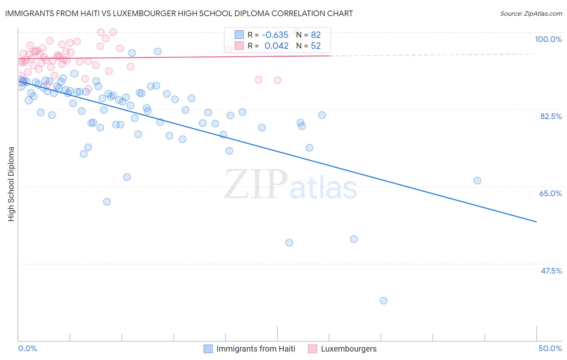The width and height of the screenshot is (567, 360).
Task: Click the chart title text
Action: [x=179, y=13]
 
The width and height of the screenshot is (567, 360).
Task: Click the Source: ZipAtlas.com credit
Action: [x=531, y=13]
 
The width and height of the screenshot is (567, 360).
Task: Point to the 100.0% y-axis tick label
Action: [x=548, y=39]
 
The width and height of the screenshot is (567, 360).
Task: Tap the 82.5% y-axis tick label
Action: [x=551, y=116]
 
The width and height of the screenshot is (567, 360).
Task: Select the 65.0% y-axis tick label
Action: [x=550, y=193]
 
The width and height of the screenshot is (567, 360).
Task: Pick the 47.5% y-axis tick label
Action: [x=551, y=271]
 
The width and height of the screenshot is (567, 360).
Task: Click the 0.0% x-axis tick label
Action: [x=27, y=348]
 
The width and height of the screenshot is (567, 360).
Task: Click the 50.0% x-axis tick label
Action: [x=550, y=348]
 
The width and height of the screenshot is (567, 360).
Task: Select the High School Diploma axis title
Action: [x=11, y=184]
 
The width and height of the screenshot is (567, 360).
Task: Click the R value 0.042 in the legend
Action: [x=276, y=46]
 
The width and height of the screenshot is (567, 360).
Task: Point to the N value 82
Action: [x=315, y=35]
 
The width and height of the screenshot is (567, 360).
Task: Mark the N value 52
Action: [x=315, y=46]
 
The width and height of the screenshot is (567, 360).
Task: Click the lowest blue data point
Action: [x=384, y=301]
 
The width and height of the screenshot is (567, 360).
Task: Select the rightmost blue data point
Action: [x=477, y=181]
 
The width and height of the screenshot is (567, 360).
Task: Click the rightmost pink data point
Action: [x=298, y=33]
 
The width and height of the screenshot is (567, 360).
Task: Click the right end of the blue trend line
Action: [x=536, y=222]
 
